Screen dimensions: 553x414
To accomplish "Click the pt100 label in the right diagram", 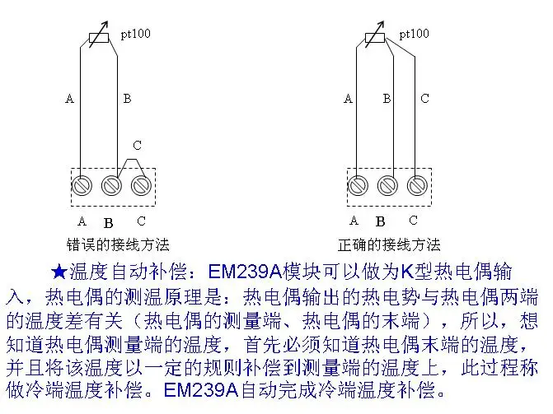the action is [x=415, y=34].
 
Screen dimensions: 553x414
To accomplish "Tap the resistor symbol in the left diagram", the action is [x=99, y=38].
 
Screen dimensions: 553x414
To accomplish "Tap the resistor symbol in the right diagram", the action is [x=374, y=38].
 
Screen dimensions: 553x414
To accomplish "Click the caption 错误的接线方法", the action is [x=118, y=244].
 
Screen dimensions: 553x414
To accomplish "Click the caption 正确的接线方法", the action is [x=389, y=244].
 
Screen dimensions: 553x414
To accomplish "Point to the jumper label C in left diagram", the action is [x=137, y=146].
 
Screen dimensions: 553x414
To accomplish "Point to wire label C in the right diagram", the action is [x=424, y=99].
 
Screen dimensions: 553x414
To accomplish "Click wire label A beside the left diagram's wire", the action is [x=69, y=99].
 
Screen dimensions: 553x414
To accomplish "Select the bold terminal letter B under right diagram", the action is [x=381, y=221].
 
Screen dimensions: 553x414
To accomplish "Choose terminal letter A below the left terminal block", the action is [x=82, y=221].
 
